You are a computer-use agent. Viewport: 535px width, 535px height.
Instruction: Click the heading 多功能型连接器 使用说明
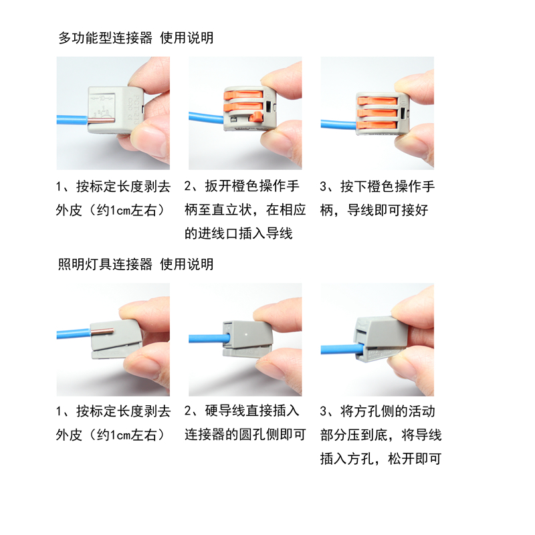pos(136,38)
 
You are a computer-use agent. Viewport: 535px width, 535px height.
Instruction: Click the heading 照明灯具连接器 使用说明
pos(136,264)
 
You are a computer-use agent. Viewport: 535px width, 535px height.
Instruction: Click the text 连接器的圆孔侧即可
pos(245,435)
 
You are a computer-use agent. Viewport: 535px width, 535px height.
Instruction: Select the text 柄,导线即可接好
pos(374,210)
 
